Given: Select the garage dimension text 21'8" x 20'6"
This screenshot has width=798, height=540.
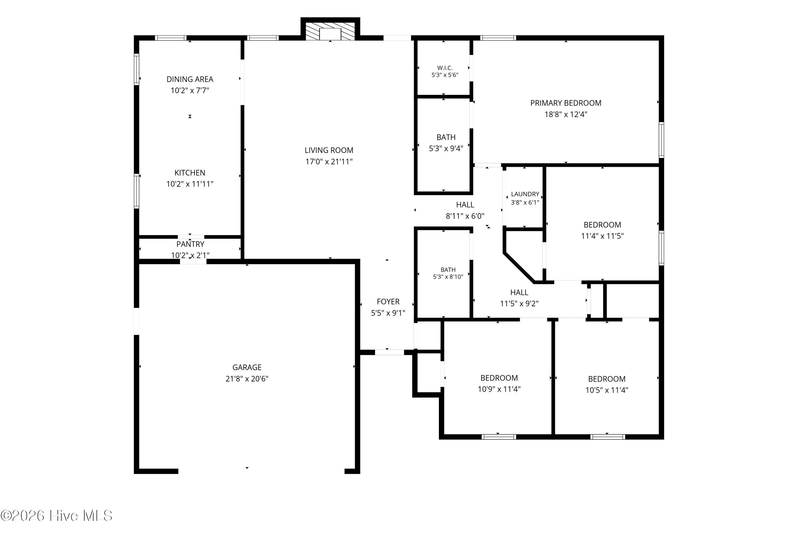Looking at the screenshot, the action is click(247, 379).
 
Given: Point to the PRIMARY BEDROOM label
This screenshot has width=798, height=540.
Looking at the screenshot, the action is click(566, 103).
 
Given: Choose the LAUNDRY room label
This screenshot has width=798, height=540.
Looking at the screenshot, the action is click(525, 194).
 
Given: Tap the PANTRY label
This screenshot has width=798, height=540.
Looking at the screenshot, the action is click(190, 244).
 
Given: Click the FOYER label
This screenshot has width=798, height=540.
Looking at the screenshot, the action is click(388, 302).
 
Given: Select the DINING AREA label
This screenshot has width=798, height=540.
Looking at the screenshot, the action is click(190, 79).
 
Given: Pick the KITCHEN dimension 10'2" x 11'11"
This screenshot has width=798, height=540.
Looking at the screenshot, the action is click(190, 184).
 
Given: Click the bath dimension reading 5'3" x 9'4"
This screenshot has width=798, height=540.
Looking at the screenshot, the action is click(446, 148).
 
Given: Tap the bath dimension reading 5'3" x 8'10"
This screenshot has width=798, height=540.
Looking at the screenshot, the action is click(448, 277).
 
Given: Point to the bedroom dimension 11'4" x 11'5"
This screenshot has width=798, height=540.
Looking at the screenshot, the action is click(602, 236).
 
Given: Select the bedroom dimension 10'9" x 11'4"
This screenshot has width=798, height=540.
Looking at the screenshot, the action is click(499, 389).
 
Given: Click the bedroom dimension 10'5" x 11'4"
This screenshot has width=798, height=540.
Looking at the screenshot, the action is click(607, 390).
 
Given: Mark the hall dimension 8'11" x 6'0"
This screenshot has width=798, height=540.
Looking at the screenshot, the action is click(465, 216).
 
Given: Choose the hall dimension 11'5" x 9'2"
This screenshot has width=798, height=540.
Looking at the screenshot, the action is click(519, 303).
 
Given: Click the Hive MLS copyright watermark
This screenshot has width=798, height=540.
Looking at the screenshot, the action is click(57, 516).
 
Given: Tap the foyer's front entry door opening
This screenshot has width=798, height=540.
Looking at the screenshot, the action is click(389, 352).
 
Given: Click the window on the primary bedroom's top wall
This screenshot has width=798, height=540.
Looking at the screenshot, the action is click(498, 38).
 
